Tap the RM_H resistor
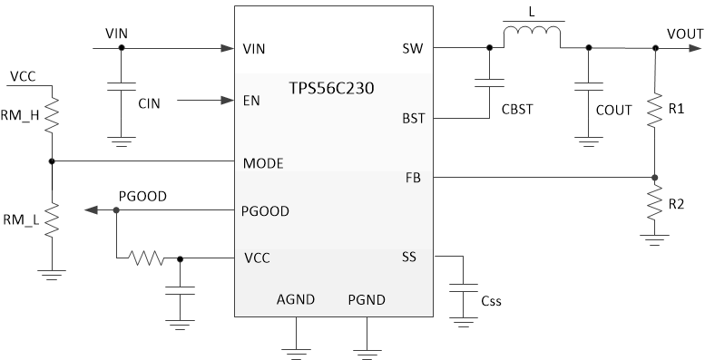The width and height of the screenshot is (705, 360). click(x=52, y=115)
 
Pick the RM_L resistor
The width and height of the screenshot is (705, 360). click(x=52, y=218)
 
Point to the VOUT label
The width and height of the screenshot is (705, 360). click(x=684, y=33)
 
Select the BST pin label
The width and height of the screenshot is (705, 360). click(x=414, y=119)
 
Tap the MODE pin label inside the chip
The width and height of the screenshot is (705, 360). click(x=264, y=164)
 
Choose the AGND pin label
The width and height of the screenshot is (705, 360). click(x=295, y=298)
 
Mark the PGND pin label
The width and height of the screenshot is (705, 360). click(x=367, y=298)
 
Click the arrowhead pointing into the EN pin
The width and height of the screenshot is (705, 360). click(x=228, y=100)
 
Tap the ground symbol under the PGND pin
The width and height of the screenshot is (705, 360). click(x=367, y=347)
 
